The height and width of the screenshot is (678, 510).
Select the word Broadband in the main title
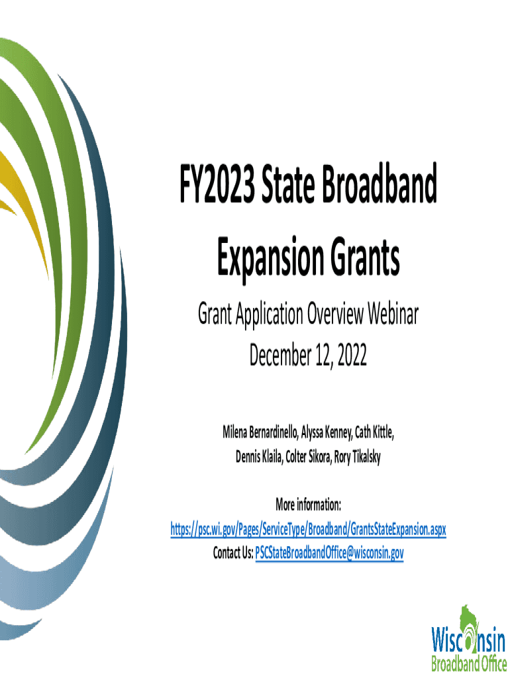click(378, 183)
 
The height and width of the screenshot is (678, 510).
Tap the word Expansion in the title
click(270, 257)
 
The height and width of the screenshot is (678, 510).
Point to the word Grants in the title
click(365, 257)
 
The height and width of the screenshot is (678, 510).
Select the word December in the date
click(280, 355)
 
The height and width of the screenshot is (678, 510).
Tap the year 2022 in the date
click(352, 356)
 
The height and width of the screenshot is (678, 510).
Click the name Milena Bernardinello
click(260, 432)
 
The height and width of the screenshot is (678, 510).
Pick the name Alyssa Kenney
click(327, 432)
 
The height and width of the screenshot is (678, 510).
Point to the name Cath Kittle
click(374, 432)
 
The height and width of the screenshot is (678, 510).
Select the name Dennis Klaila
click(259, 457)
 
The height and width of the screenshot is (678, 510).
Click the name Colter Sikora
click(308, 457)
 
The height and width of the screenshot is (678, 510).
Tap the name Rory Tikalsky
click(357, 457)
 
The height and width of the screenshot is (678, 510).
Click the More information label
click(308, 504)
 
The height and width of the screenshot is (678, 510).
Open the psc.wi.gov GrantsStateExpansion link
click(308, 529)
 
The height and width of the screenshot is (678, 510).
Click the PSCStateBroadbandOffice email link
click(329, 553)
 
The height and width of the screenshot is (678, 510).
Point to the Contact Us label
click(232, 553)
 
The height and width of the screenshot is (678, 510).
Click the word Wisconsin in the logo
click(468, 640)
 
